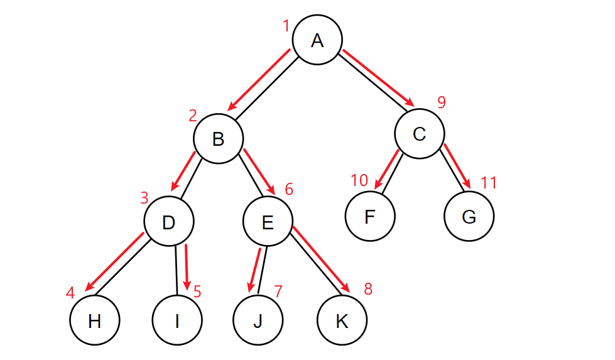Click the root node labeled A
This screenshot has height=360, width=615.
[317, 40]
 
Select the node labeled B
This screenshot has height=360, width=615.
[218, 139]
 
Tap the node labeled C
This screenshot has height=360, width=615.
[419, 134]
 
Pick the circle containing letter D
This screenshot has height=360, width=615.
[168, 222]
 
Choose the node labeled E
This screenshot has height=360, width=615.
[268, 222]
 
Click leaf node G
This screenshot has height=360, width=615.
[469, 217]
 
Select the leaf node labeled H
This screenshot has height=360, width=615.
[95, 321]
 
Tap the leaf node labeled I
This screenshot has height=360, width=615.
[177, 321]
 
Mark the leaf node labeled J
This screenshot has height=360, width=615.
[258, 321]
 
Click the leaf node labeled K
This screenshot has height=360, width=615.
[342, 321]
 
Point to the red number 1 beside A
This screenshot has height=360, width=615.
[286, 26]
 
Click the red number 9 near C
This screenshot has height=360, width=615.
[442, 102]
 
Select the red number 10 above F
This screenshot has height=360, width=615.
[359, 181]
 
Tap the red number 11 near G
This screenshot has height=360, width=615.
[489, 183]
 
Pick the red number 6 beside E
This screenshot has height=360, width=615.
[288, 189]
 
